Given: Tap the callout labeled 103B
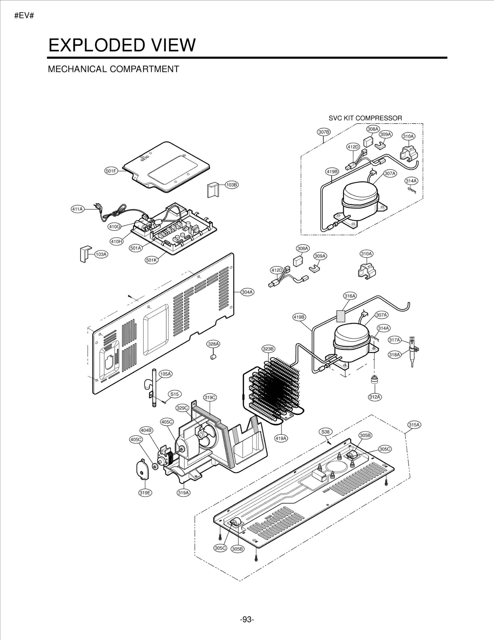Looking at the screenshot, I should pos(232,185).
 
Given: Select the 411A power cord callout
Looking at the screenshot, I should pos(77,209).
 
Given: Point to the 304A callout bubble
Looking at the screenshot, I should pos(247,292).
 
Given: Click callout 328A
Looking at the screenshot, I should pos(213,344).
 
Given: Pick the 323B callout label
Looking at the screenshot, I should pos(268,349).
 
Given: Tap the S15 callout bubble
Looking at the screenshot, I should pos(174,394).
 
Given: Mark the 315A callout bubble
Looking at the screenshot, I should pos(414,425).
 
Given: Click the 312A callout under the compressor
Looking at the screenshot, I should pos(375,397).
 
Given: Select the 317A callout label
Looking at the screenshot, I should pos(394,340).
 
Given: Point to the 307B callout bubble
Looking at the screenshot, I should pos(324,132).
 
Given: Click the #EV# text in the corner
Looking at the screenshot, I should pos(24,16).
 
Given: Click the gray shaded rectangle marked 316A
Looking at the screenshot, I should pos(341,316).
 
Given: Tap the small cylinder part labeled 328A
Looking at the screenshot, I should pos(213,357).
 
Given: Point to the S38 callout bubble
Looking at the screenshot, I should pos(325,432).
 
